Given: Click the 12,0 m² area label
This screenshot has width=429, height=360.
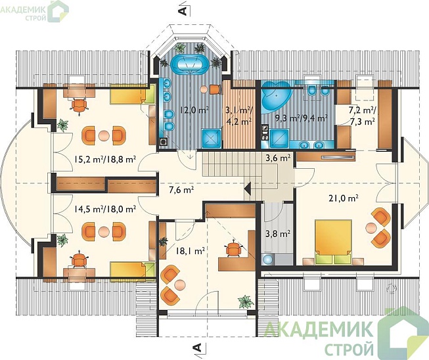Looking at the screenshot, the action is click(x=194, y=110).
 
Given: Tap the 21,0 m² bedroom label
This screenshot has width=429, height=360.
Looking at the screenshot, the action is click(x=344, y=198).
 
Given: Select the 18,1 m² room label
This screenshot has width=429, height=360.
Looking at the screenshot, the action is click(x=191, y=250).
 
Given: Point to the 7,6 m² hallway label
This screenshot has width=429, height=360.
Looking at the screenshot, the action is click(x=182, y=189).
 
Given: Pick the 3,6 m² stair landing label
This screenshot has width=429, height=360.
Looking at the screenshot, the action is click(x=278, y=158).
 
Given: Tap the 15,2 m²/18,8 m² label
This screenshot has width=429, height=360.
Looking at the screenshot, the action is click(x=105, y=159).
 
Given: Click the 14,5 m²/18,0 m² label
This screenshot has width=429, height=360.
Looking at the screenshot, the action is click(x=105, y=210).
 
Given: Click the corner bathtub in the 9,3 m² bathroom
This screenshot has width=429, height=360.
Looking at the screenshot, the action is click(x=275, y=97).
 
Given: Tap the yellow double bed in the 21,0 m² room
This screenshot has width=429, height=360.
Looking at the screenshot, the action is click(x=333, y=242).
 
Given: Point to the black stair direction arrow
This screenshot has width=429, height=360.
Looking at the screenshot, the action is click(x=248, y=188).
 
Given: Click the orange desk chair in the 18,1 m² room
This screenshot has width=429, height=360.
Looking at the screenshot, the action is click(x=233, y=248).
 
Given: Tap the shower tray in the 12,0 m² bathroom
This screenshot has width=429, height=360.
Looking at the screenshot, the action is click(x=212, y=138).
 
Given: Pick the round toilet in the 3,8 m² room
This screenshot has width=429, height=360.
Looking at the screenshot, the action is click(x=267, y=259).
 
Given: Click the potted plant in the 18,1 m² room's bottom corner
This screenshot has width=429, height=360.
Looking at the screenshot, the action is click(x=246, y=302).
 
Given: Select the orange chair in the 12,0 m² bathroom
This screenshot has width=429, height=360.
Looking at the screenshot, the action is click(x=215, y=89).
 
